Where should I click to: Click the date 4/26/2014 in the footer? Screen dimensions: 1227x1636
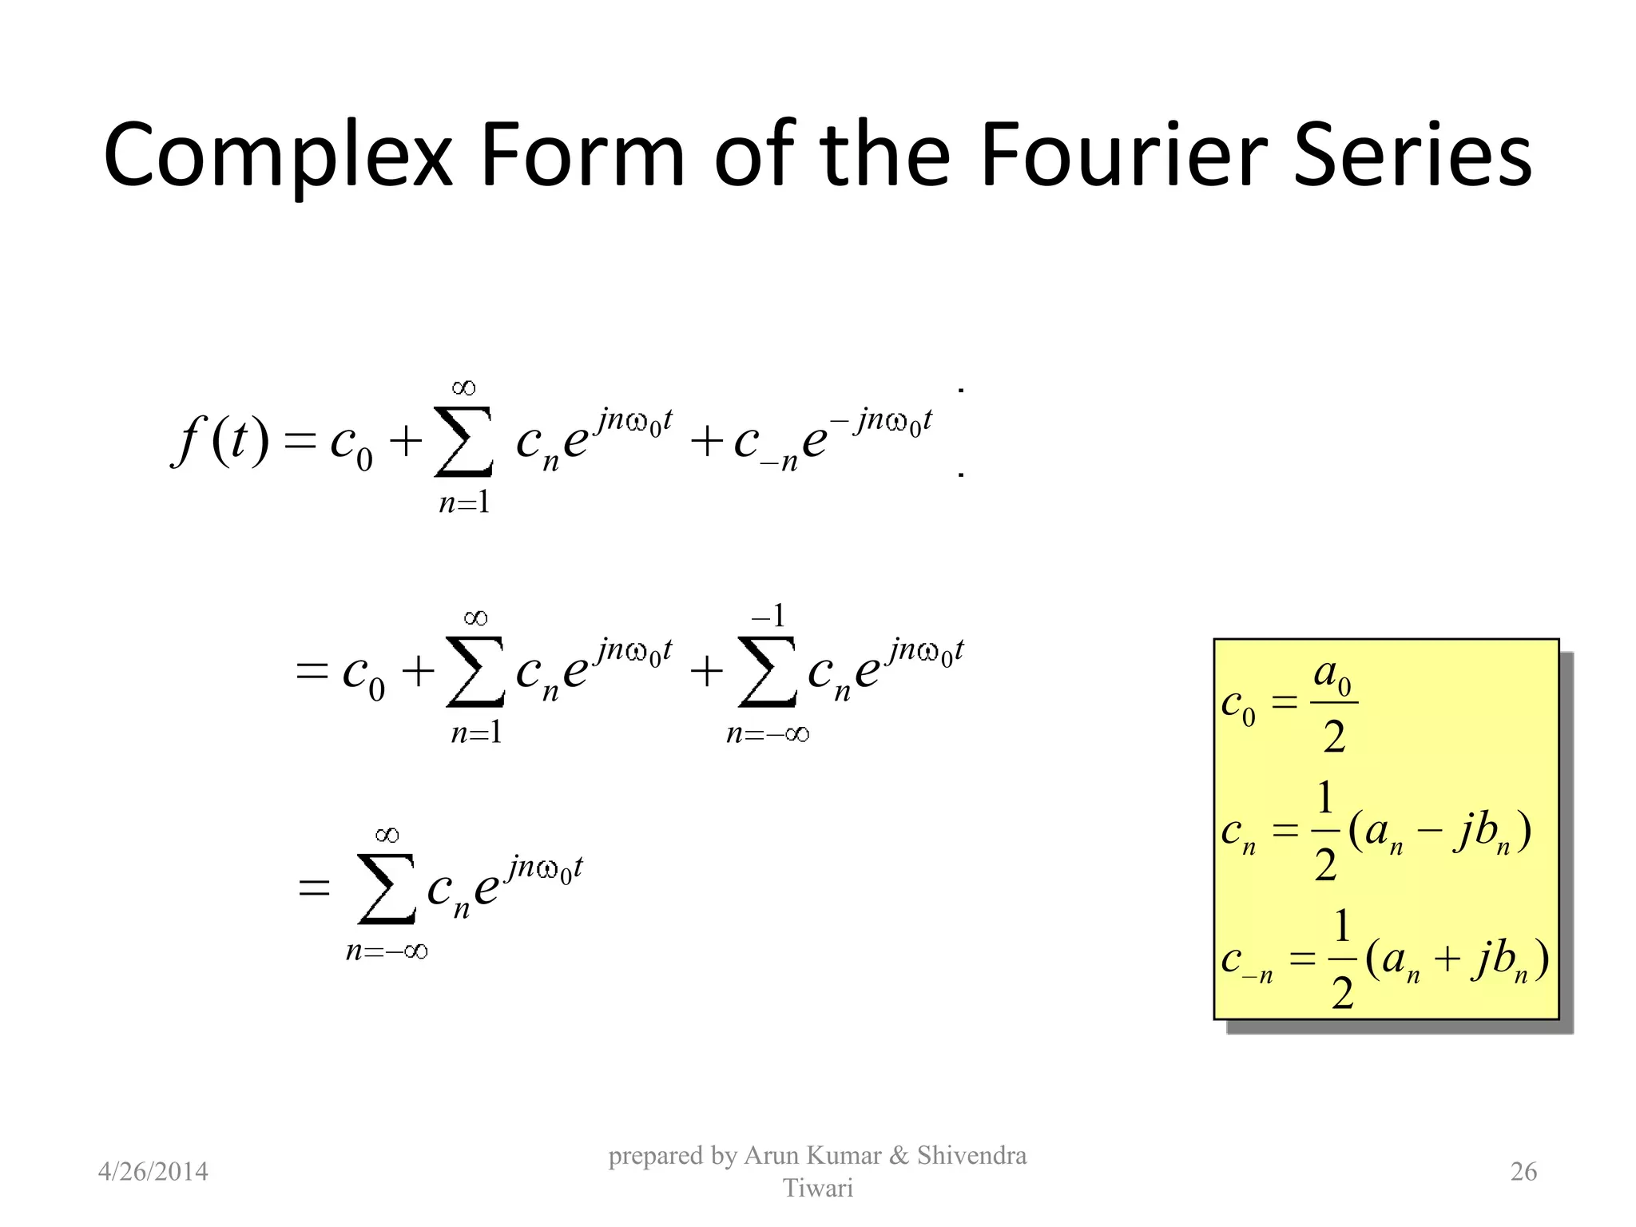[x=153, y=1171]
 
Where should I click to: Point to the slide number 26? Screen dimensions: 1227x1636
[x=1523, y=1171]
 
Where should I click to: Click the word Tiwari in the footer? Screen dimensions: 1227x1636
[x=817, y=1188]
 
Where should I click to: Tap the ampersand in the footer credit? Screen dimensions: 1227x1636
[x=899, y=1155]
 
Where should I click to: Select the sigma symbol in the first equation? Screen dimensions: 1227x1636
[x=463, y=441]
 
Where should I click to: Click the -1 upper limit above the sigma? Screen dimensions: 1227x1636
[x=768, y=615]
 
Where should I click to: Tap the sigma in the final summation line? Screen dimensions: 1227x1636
[x=387, y=888]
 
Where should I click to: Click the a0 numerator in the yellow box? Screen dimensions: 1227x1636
[x=1332, y=677]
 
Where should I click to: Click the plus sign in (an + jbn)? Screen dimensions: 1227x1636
[x=1447, y=959]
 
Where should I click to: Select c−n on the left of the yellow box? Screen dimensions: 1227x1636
[x=1246, y=961]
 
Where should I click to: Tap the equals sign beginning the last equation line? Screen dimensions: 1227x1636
[x=313, y=887]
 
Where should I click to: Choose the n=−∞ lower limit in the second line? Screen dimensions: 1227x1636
[x=768, y=733]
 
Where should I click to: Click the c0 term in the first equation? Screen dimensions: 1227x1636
[x=351, y=444]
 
